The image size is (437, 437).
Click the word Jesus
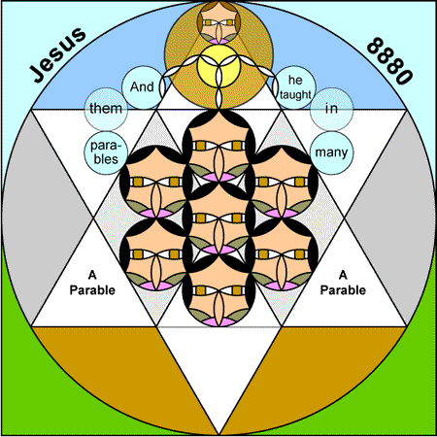coord(57,54)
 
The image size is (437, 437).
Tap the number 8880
coord(389,61)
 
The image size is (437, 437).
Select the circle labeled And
coord(143,87)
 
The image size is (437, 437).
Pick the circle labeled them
coord(106,109)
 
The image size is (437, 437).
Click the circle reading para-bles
coord(106,152)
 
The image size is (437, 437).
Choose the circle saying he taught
coord(294,87)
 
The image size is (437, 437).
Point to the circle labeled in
coord(331,109)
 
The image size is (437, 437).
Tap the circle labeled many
coord(331,152)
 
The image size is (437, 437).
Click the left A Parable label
coord(92,283)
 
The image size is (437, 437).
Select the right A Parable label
coord(343,283)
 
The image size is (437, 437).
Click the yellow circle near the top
coord(218,66)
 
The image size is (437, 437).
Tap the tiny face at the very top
coord(218,22)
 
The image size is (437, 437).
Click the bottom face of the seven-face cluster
coord(218,290)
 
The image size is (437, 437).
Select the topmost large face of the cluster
coord(218,146)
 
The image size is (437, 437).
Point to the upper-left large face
coord(156,182)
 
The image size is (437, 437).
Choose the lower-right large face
coord(282,254)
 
